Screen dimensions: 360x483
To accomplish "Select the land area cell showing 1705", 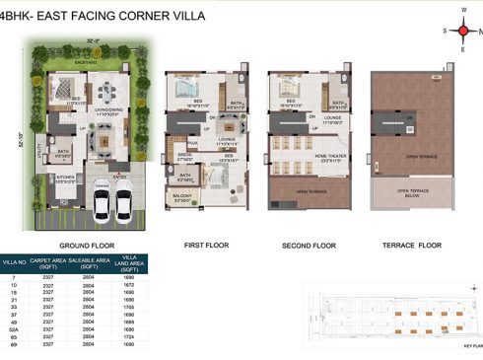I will (x=128, y=307).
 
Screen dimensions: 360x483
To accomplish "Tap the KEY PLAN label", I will (x=472, y=346).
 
